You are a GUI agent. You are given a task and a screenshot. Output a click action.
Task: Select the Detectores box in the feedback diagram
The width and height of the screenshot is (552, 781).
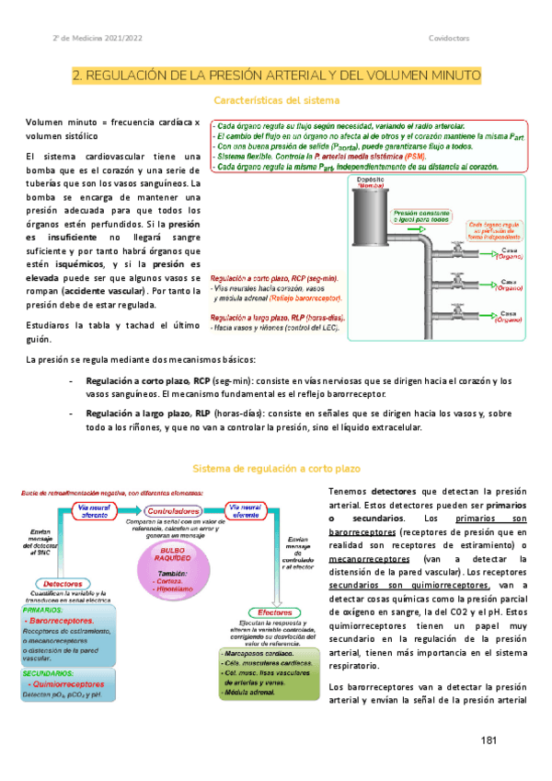[x=65, y=584]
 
